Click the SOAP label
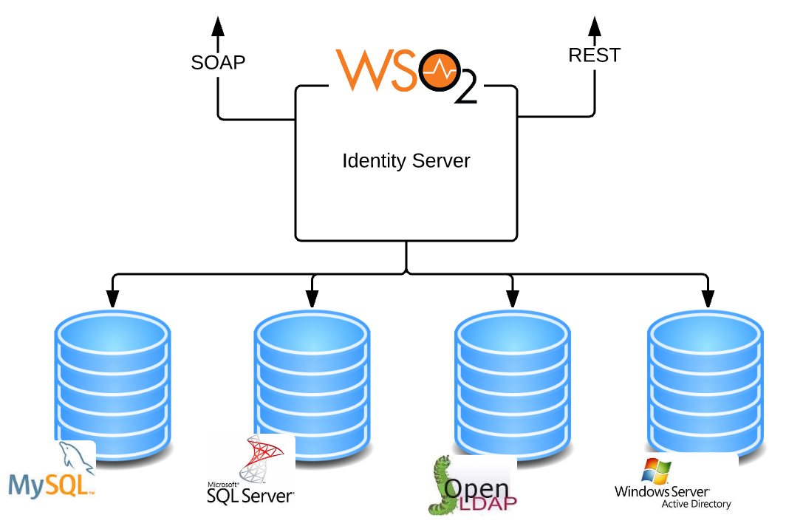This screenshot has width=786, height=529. click(218, 62)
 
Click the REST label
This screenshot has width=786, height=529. click(594, 55)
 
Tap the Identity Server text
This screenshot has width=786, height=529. click(406, 160)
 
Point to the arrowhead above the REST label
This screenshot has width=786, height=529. click(595, 27)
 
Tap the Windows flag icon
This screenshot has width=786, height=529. click(656, 471)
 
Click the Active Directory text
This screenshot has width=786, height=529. click(695, 505)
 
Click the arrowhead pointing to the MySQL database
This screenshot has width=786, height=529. click(112, 297)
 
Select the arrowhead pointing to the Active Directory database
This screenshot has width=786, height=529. click(708, 297)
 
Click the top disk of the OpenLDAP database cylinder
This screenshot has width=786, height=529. click(512, 332)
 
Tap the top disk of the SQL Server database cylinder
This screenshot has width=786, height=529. click(312, 332)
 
